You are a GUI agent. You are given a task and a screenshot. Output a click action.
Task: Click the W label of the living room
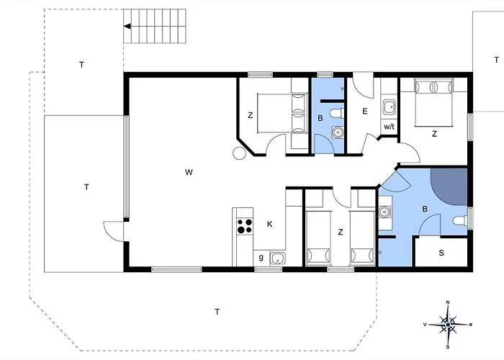(x=189, y=172)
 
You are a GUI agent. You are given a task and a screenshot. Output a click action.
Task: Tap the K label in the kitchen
(x=270, y=224)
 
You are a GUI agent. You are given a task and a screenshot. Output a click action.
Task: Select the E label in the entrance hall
(x=365, y=111)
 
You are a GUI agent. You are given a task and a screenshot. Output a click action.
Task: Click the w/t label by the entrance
(x=389, y=126)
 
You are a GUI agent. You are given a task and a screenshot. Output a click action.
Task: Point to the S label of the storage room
(x=441, y=253)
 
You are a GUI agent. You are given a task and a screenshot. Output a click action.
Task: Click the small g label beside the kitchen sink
(x=261, y=257)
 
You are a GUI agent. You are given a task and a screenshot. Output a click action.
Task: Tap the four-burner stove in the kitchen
(x=245, y=225)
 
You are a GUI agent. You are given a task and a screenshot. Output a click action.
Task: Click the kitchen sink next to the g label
(x=277, y=258)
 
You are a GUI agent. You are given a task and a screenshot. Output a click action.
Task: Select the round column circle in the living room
(x=239, y=153)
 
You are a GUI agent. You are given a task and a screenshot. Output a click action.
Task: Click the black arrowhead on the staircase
(x=127, y=27)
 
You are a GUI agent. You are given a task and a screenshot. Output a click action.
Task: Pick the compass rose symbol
(x=448, y=324)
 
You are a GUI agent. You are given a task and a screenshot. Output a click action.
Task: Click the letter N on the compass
(x=448, y=302)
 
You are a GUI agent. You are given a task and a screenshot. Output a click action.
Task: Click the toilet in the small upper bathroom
(x=337, y=114)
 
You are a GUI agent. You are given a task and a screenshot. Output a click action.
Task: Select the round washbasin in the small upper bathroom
(x=338, y=132)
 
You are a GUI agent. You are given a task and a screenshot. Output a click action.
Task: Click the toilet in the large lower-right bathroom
(x=460, y=221)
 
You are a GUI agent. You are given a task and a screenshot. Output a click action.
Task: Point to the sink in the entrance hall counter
(x=390, y=107)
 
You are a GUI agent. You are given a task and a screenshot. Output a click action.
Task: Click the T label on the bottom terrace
(x=217, y=312)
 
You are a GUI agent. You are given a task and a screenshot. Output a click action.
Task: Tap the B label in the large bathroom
(x=425, y=210)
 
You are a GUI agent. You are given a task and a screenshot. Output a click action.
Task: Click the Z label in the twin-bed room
(x=341, y=232)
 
